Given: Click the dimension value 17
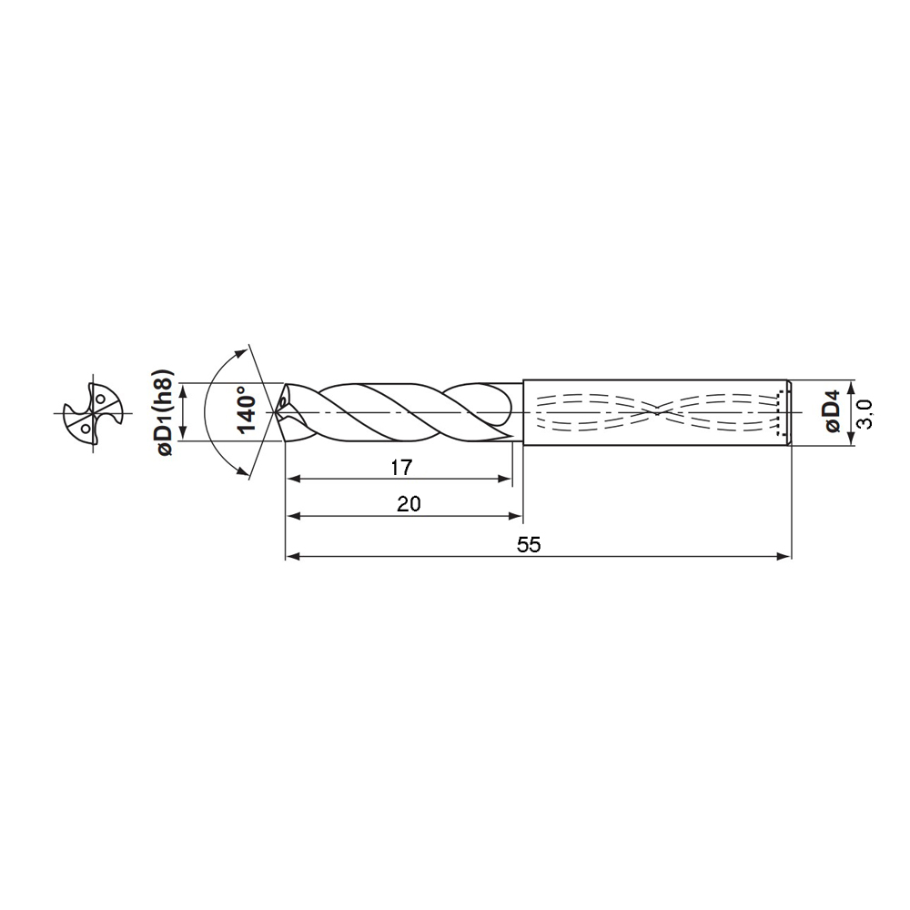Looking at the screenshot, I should (400, 468).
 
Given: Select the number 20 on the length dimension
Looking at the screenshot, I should (409, 504).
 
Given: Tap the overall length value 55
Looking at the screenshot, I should (529, 545).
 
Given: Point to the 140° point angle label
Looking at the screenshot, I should (245, 411).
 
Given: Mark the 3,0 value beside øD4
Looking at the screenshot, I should (864, 413).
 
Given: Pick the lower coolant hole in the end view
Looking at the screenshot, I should (84, 426).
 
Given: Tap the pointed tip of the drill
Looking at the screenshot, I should (277, 412).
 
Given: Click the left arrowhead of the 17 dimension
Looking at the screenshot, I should (290, 479).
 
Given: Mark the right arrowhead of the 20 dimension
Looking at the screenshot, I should (518, 516).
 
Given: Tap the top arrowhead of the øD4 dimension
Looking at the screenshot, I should (850, 384).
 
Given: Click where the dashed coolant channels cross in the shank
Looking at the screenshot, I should (657, 412).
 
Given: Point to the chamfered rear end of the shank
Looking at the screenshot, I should (789, 412).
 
